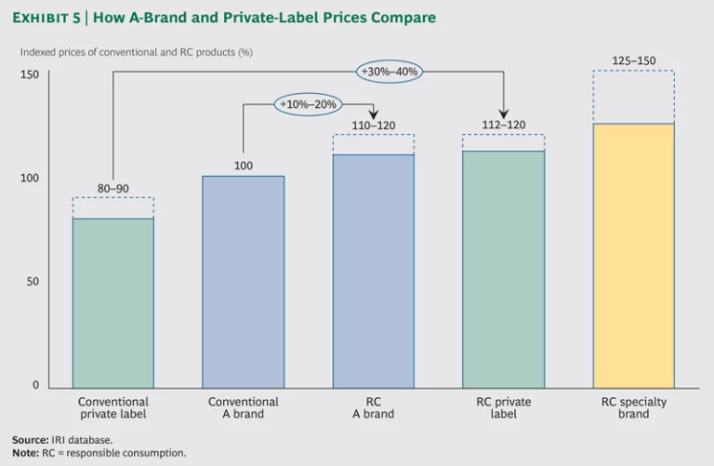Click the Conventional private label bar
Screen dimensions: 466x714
pos(112,302)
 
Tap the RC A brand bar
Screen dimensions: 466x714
pos(373,271)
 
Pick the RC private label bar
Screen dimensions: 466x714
pos(503,269)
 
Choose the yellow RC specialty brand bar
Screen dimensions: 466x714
pos(633,255)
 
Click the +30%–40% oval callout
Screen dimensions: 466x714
pos(388,72)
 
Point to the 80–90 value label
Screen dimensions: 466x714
pos(112,189)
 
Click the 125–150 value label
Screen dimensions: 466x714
pos(633,61)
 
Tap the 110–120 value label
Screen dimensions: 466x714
pos(373,125)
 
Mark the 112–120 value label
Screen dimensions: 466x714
pos(503,125)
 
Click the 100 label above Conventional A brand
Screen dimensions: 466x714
pos(243,166)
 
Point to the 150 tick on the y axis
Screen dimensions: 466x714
pos(31,74)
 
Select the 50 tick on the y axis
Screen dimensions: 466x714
pos(33,281)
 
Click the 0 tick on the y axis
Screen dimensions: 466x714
pos(35,384)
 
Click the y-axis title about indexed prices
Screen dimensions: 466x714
pos(137,52)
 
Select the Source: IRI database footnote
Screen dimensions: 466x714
pos(61,439)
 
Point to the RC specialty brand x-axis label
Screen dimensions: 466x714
pos(633,407)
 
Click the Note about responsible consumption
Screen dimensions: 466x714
pos(99,453)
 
